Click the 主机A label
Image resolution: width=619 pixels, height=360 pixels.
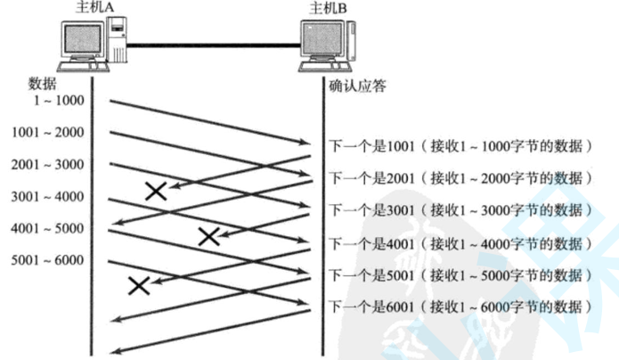88,9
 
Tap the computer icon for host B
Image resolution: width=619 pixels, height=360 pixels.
330,45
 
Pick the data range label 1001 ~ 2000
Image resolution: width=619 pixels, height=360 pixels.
48,133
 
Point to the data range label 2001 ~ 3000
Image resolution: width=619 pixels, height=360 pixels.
48,164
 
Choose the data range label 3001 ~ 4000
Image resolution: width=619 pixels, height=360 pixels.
48,196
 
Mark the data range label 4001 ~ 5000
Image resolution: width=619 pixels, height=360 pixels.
48,228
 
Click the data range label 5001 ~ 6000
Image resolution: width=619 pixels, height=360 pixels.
48,260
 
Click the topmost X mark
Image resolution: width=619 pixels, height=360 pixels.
157,190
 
